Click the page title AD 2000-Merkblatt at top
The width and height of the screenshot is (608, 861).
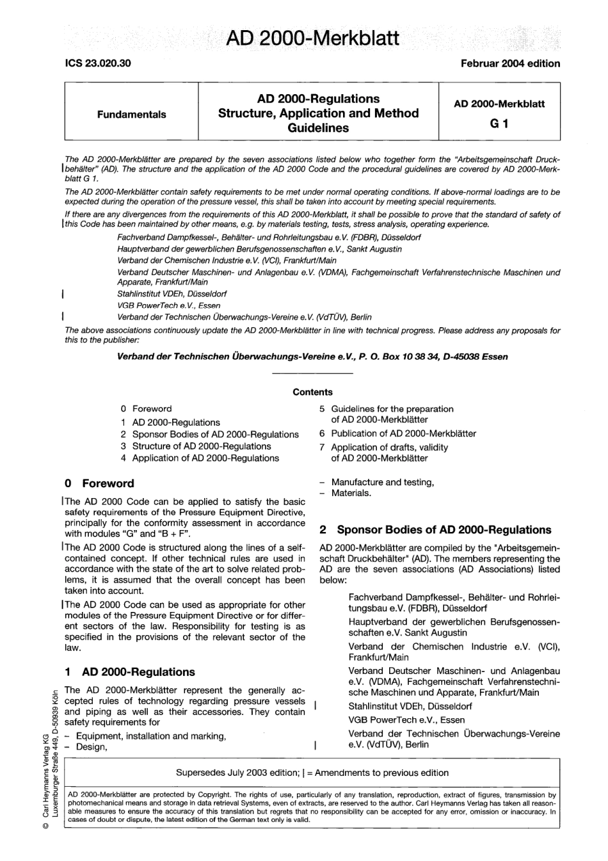[x=312, y=38]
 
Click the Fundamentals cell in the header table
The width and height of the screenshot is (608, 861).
[x=131, y=115]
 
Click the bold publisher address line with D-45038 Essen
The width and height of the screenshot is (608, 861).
[x=312, y=357]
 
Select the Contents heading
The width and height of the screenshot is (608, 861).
[x=312, y=392]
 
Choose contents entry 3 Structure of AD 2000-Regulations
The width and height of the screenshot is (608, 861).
[x=195, y=446]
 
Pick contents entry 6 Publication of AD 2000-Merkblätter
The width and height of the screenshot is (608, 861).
[x=397, y=433]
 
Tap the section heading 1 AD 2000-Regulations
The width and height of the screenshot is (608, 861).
[x=130, y=672]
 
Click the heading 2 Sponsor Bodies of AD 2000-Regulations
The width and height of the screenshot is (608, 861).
[x=435, y=530]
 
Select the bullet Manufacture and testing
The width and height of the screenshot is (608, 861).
[x=382, y=482]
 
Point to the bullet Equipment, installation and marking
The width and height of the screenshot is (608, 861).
[x=150, y=736]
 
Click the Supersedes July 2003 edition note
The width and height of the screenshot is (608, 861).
[x=312, y=773]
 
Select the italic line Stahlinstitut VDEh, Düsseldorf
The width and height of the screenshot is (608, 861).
[x=172, y=294]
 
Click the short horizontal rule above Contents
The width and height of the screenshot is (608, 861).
[x=312, y=373]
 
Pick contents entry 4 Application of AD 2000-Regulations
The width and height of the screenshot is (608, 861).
[x=199, y=458]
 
